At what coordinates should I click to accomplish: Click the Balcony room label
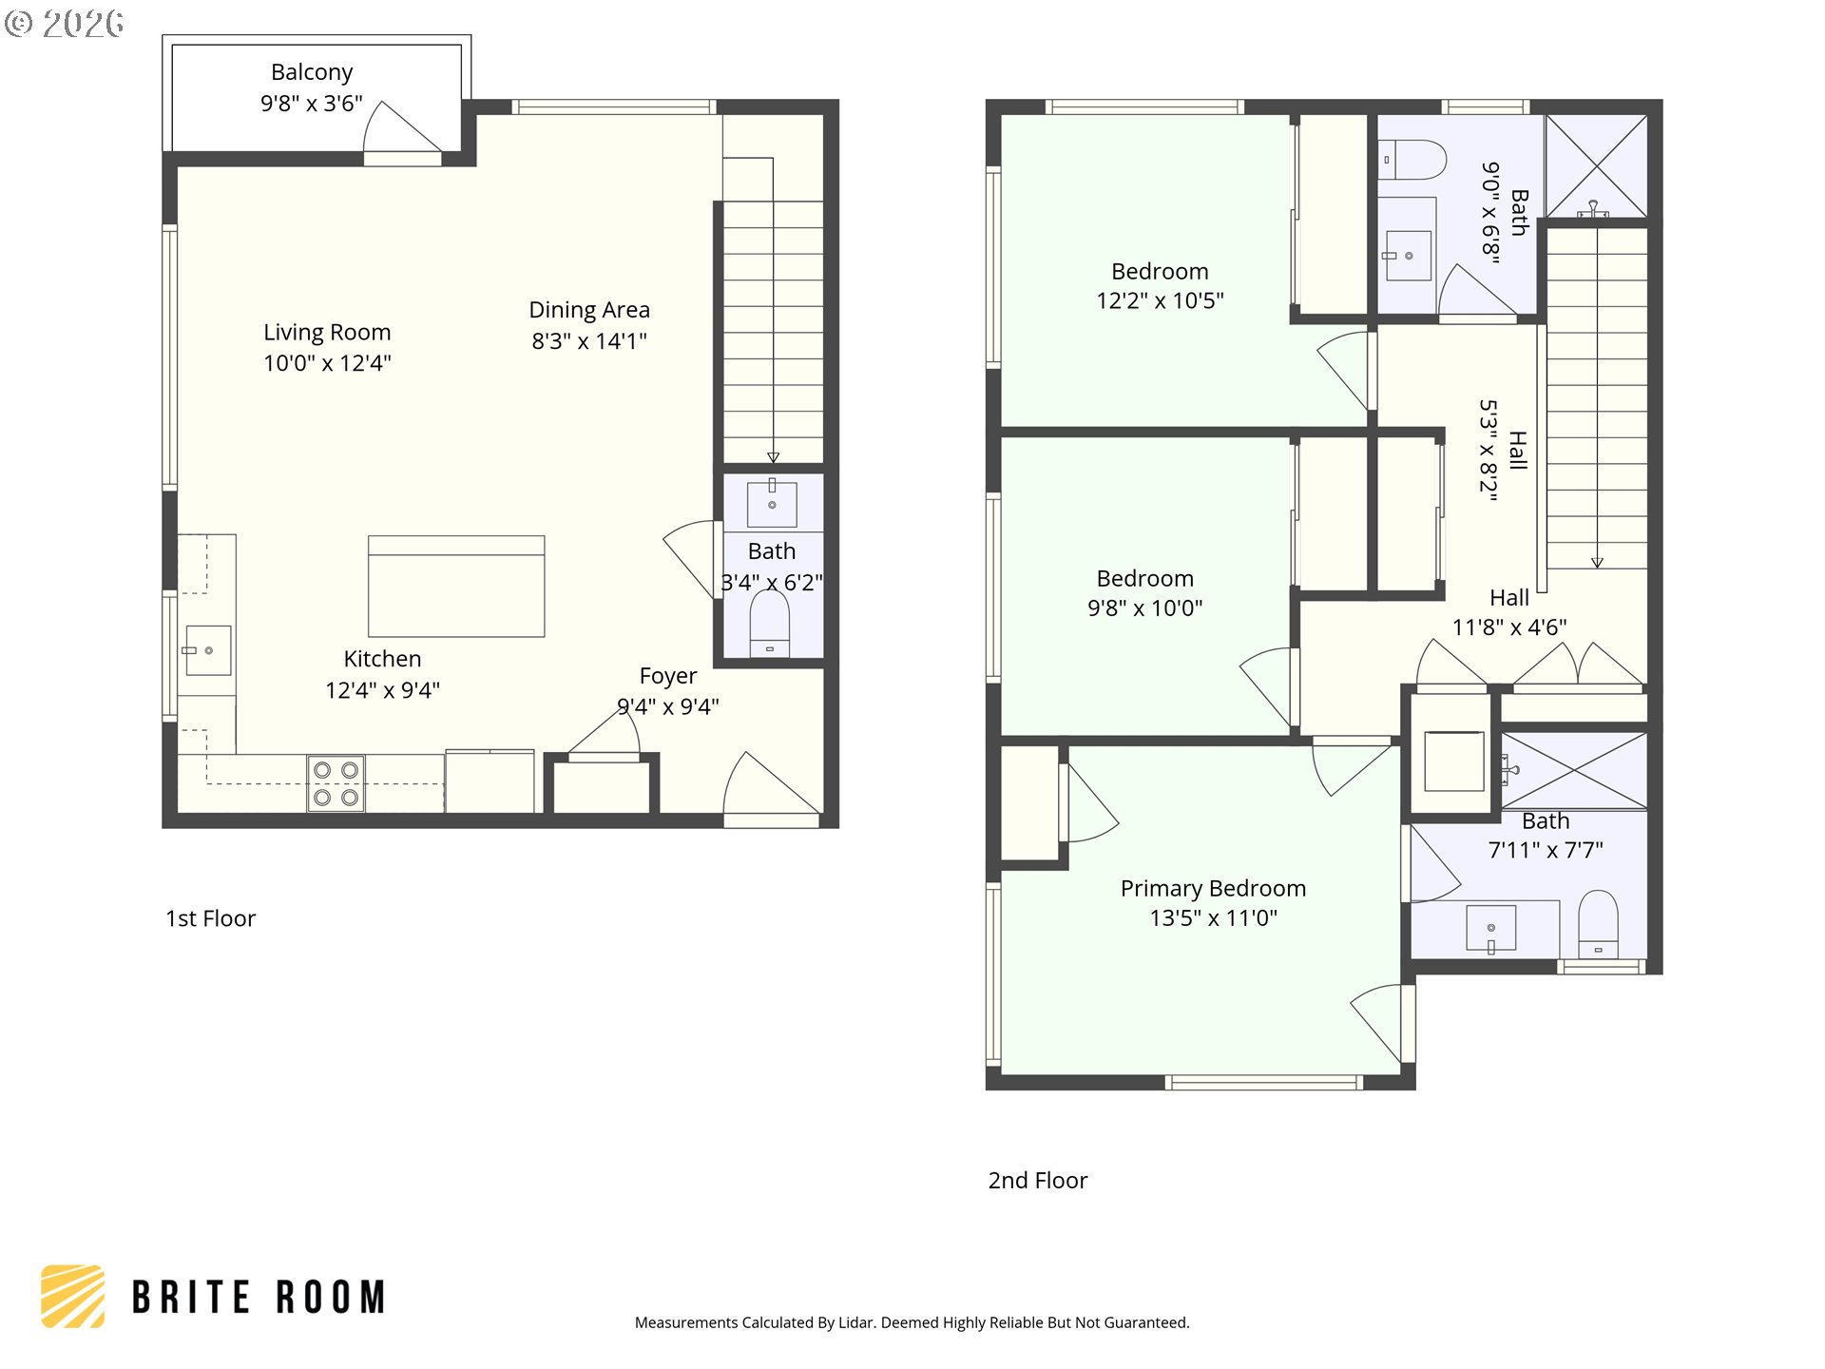click(x=312, y=72)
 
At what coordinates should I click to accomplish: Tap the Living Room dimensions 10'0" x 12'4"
click(x=327, y=363)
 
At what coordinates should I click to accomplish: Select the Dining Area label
click(x=589, y=310)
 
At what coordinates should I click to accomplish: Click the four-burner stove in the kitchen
click(x=336, y=783)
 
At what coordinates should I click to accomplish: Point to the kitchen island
click(x=456, y=586)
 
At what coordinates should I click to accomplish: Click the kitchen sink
click(x=208, y=650)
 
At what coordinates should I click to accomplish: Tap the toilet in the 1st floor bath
click(x=770, y=624)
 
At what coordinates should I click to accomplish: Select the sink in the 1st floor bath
click(x=772, y=503)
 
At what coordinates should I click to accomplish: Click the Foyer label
click(x=668, y=676)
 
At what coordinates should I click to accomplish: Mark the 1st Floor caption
click(x=211, y=918)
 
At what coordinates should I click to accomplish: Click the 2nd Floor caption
click(x=1038, y=1181)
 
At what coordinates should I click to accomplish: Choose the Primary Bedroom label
click(x=1213, y=889)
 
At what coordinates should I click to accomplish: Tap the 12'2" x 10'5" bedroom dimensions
click(x=1160, y=301)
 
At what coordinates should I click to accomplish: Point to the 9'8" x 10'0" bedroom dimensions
click(x=1145, y=608)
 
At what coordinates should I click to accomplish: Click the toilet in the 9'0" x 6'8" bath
click(x=1412, y=160)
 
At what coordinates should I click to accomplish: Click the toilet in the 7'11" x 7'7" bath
click(x=1598, y=923)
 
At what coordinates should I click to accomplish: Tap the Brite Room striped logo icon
click(x=73, y=1296)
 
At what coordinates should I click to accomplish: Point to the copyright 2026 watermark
click(x=64, y=24)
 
